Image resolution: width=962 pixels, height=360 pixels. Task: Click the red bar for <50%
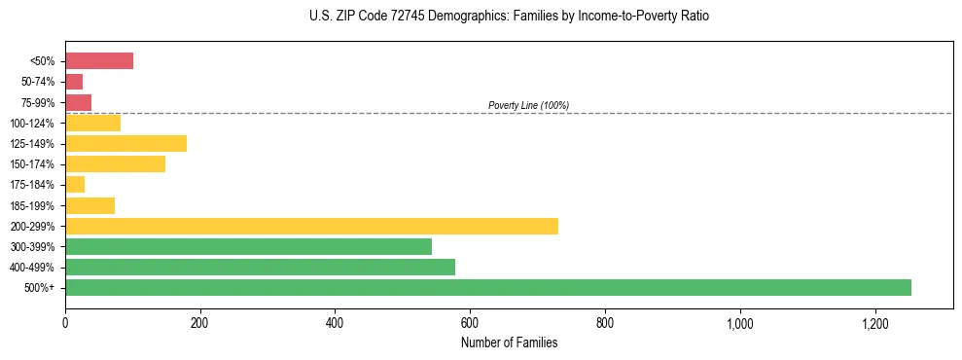99,61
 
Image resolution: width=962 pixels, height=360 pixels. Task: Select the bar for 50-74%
74,82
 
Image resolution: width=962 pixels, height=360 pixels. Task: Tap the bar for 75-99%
78,102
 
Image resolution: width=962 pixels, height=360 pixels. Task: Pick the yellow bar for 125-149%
125,144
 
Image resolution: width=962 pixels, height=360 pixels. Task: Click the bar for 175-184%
75,185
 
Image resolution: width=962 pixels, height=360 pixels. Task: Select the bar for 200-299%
311,226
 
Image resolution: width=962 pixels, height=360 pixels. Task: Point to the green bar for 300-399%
248,246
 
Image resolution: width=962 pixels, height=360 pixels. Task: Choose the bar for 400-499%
260,267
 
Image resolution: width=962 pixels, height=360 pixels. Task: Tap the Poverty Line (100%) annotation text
528,105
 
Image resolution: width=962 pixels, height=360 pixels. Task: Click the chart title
510,17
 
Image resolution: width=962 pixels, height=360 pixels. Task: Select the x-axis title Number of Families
510,342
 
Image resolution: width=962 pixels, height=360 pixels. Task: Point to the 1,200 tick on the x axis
875,322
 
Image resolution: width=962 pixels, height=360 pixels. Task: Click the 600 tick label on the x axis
470,322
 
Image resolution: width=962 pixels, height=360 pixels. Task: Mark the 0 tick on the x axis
65,322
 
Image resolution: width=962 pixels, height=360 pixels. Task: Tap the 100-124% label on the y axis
32,124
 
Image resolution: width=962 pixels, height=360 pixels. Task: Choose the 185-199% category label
32,206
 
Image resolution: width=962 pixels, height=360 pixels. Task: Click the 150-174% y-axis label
32,164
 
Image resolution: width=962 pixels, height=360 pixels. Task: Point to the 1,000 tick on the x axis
740,322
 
